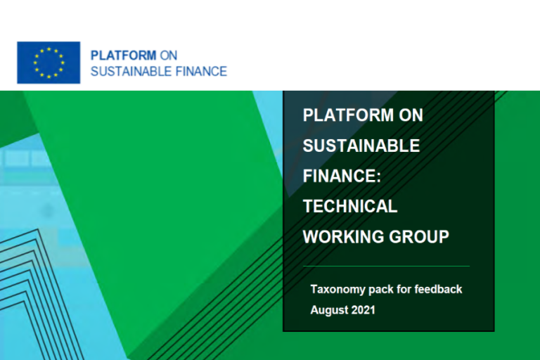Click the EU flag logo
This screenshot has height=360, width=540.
[x=49, y=63]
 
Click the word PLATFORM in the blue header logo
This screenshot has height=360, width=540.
[x=123, y=56]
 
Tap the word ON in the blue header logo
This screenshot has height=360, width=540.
[x=169, y=56]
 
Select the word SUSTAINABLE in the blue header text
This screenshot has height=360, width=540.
[x=131, y=71]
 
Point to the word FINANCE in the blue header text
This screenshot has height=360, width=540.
[x=201, y=71]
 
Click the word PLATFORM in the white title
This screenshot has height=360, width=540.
[x=348, y=115]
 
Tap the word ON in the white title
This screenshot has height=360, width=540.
[x=411, y=115]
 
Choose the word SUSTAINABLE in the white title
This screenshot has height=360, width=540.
[x=361, y=146]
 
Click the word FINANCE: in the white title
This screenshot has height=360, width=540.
[x=342, y=176]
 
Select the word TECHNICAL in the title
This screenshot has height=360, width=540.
[x=350, y=206]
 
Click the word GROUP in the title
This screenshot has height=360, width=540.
[x=419, y=237]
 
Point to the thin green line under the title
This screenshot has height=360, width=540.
[x=387, y=266]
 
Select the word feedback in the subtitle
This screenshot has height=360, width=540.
[x=439, y=289]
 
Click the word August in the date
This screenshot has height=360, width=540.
[x=328, y=310]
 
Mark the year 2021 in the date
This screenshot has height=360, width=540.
[x=364, y=310]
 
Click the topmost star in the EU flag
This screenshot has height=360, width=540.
[x=49, y=49]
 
